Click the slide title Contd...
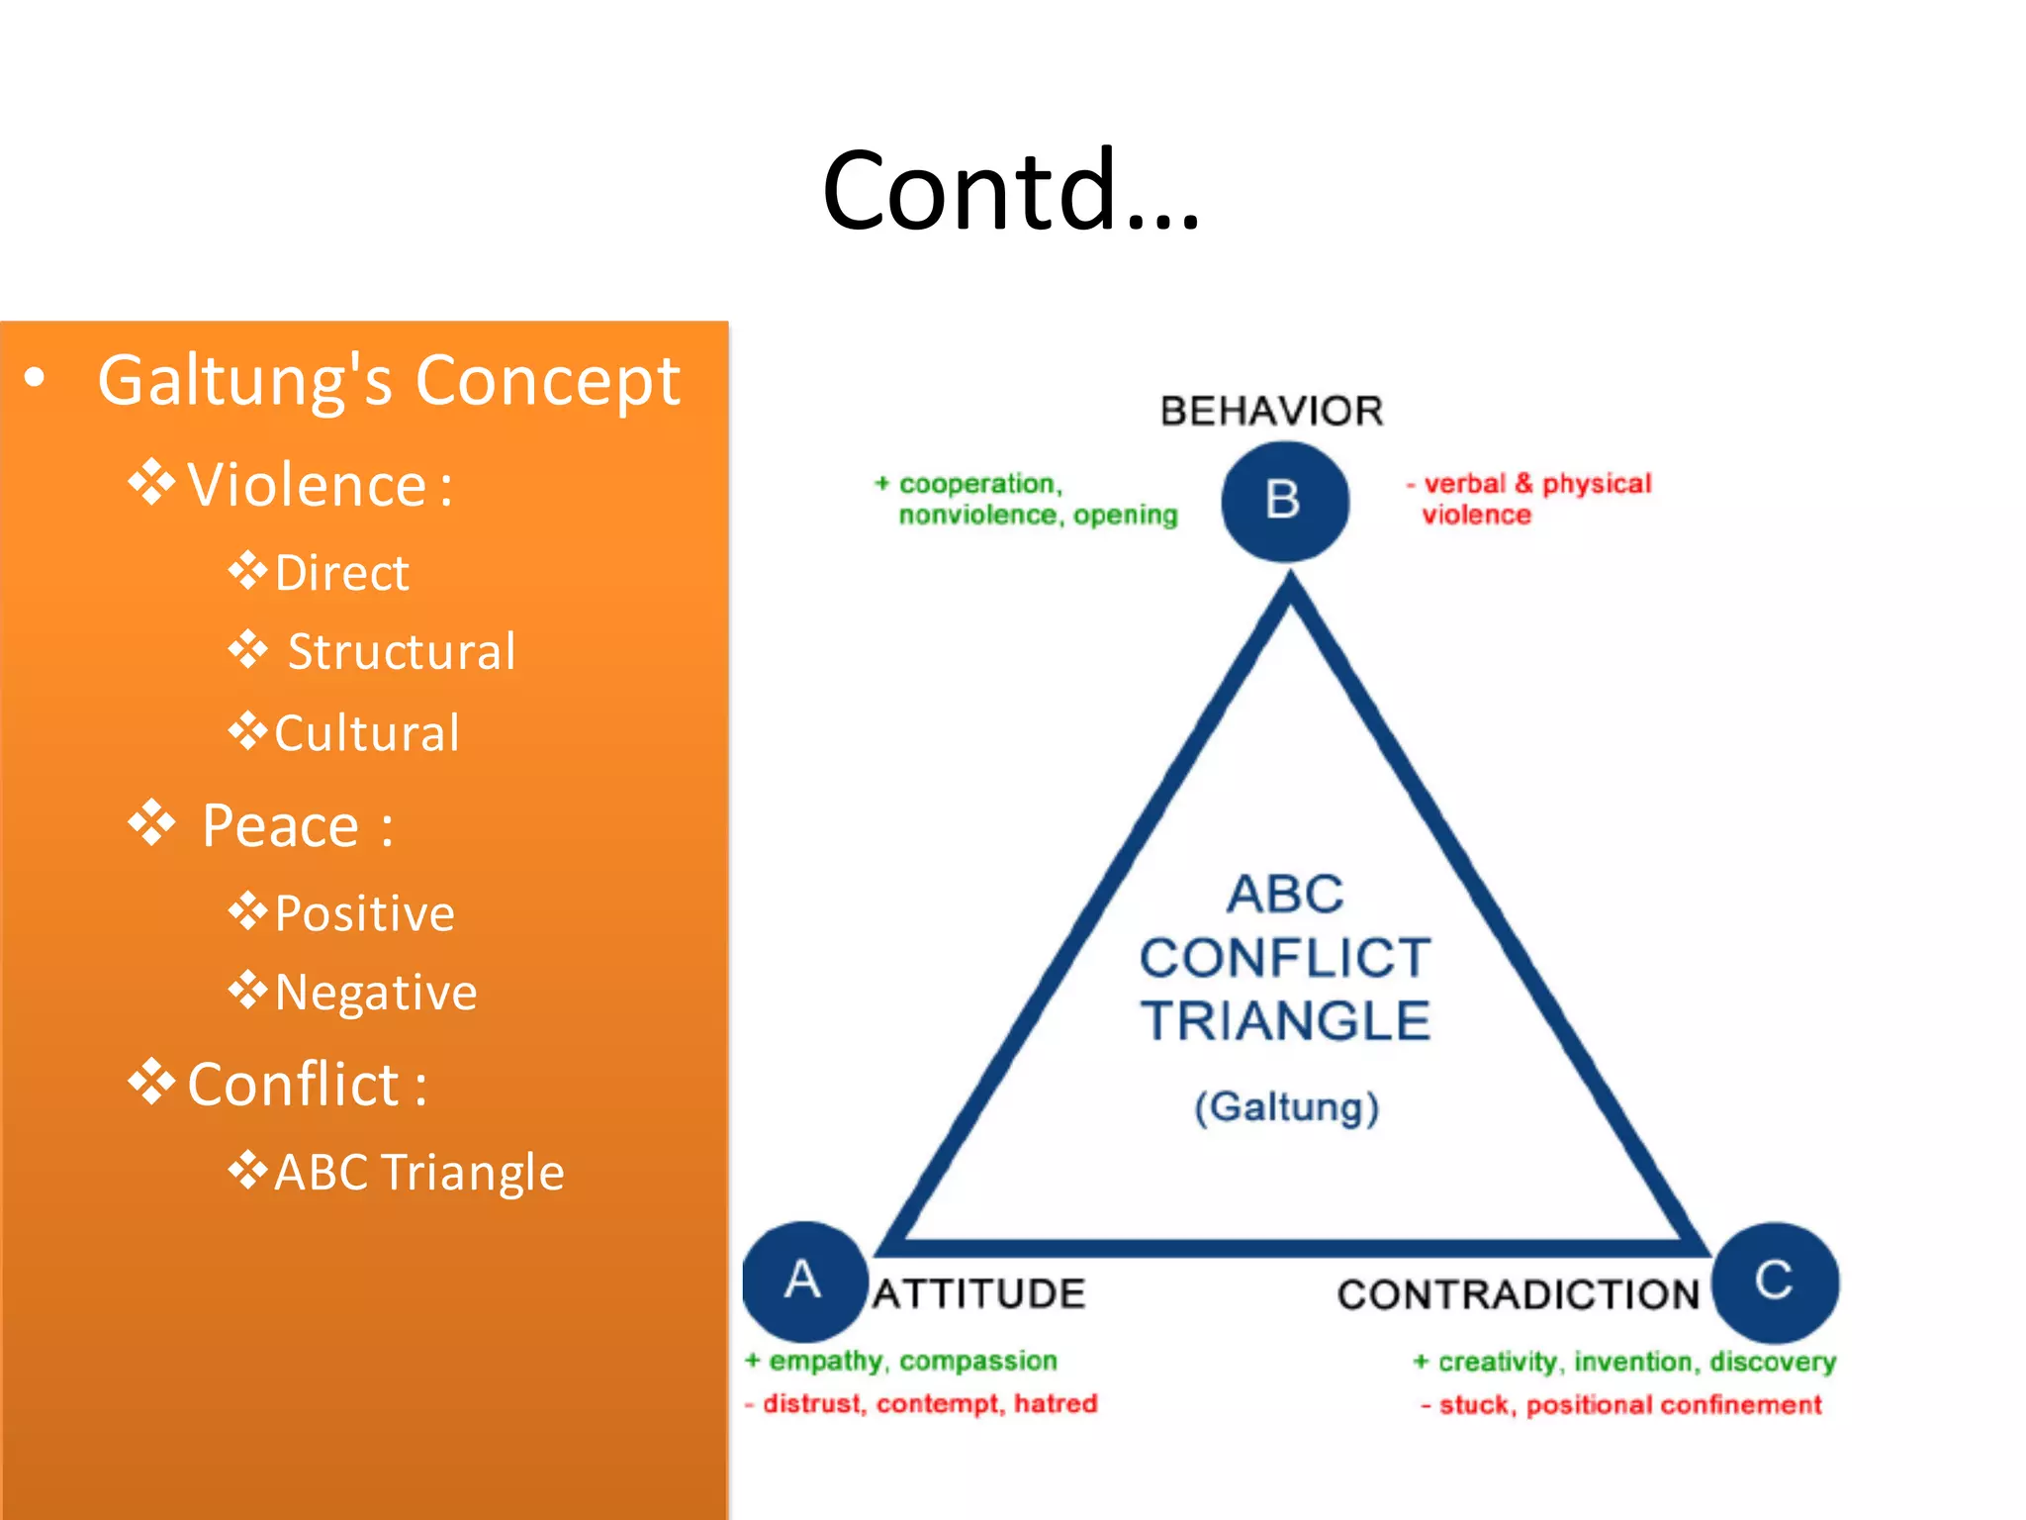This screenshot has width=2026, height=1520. click(1011, 190)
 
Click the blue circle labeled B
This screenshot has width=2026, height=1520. click(1284, 501)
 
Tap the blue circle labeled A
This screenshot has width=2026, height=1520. click(804, 1282)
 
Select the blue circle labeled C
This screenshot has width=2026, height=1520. click(1775, 1282)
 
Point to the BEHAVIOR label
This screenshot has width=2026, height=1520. click(1271, 411)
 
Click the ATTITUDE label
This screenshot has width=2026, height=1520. click(979, 1293)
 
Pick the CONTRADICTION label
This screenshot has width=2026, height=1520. click(1518, 1294)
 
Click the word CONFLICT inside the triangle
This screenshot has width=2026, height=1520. click(1285, 958)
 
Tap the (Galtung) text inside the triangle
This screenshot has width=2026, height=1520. click(1286, 1106)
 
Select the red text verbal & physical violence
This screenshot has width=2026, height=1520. click(1530, 499)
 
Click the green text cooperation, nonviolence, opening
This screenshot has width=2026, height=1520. click(1029, 499)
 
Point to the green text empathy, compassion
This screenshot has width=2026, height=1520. click(902, 1361)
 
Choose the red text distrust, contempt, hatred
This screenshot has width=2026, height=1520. click(922, 1403)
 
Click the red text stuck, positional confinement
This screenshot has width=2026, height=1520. click(1622, 1404)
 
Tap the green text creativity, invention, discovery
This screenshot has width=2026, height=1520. click(1625, 1362)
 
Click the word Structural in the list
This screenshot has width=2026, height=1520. click(402, 652)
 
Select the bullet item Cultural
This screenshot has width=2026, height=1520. click(366, 733)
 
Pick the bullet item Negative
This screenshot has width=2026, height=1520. click(375, 993)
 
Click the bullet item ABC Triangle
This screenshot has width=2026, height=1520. click(418, 1173)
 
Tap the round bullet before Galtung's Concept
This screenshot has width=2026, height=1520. click(36, 378)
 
